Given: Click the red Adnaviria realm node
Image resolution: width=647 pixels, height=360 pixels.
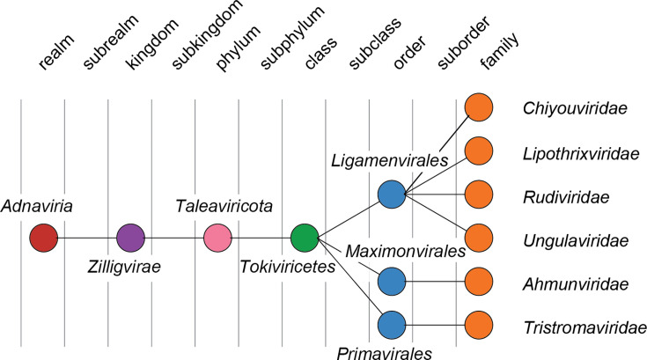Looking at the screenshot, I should [x=43, y=238].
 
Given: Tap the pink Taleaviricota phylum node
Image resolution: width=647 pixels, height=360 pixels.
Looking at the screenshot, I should [x=217, y=238].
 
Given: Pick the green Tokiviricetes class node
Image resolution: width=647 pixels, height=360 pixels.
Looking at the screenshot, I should [x=305, y=238].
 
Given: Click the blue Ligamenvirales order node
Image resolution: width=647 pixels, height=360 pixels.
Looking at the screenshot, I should [x=391, y=194].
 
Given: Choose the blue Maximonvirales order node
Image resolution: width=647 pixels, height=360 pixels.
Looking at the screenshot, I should [x=391, y=282].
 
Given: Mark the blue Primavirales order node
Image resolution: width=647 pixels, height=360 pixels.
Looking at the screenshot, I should [x=391, y=325].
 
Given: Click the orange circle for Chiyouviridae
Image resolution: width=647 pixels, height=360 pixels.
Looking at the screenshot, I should [x=478, y=107].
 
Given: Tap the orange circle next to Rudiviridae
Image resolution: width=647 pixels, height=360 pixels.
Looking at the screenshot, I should [x=478, y=194].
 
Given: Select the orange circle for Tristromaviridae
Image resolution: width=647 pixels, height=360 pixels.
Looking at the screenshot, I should [x=478, y=325].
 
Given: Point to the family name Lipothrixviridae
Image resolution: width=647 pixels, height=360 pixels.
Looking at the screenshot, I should [x=580, y=152].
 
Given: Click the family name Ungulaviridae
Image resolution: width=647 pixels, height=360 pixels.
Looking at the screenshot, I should [x=574, y=239].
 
